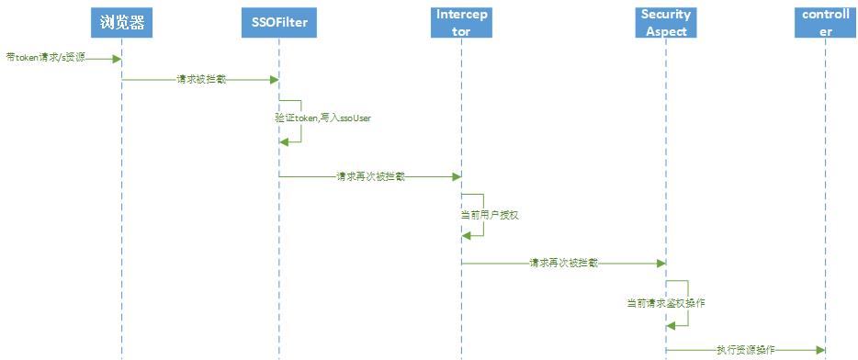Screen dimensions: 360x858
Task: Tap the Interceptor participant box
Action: [x=461, y=23]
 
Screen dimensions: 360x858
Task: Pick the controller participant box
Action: [x=825, y=23]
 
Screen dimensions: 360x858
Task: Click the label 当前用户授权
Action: [x=483, y=214]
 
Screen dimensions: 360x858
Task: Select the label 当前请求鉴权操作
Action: [x=665, y=301]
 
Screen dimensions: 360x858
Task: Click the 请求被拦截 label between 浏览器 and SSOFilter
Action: [x=201, y=80]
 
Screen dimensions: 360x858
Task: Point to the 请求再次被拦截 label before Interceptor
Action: [x=370, y=175]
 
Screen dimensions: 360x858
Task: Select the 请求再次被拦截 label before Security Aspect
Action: [x=563, y=263]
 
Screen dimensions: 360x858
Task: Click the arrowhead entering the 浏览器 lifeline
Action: [x=117, y=59]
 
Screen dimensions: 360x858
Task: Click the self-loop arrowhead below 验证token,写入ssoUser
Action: [x=285, y=141]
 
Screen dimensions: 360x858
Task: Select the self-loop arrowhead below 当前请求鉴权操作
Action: [x=671, y=323]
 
